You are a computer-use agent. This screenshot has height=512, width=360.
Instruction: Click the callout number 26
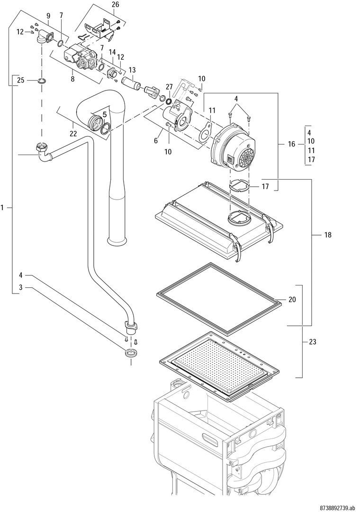115,5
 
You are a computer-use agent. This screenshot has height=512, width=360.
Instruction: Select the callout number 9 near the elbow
48,15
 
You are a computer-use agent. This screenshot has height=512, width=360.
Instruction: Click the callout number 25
20,80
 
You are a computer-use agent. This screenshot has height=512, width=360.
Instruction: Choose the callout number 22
73,134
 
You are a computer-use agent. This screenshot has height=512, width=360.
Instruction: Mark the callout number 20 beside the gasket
292,299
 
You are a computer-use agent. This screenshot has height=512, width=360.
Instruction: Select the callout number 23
313,342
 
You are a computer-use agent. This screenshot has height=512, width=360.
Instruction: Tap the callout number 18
328,235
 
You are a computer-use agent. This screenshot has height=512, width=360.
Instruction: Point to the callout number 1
3,207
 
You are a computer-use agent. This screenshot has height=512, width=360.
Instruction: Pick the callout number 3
20,287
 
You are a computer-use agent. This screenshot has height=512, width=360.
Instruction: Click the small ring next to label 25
42,80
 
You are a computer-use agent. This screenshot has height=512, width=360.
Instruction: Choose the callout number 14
112,52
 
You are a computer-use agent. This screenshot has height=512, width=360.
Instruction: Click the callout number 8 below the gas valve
72,79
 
